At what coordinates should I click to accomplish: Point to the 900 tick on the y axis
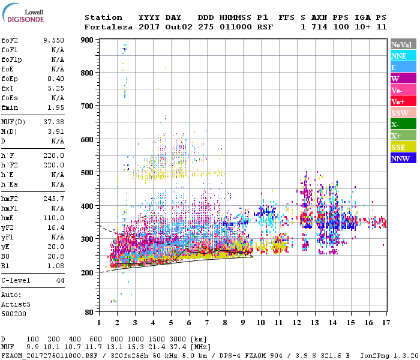pyautogui.click(x=86, y=40)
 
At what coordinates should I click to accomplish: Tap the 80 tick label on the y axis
pyautogui.click(x=89, y=312)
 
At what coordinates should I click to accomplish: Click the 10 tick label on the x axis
pyautogui.click(x=260, y=323)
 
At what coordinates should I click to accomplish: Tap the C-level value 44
pyautogui.click(x=60, y=280)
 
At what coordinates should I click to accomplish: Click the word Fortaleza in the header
pyautogui.click(x=108, y=27)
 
